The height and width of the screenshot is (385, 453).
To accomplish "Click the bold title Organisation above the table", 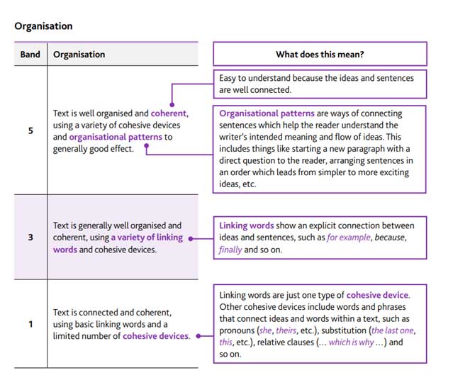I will [x=43, y=26].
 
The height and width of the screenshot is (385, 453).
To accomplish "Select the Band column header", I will [x=30, y=55].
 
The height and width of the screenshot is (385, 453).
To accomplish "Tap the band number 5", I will [x=30, y=131].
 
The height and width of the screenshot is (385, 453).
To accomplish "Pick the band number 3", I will [x=30, y=238].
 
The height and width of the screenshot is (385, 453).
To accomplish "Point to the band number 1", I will [x=30, y=325].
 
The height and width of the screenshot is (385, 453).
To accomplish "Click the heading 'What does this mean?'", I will [x=320, y=54].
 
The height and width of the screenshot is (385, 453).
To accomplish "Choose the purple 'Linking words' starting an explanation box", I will [x=247, y=226].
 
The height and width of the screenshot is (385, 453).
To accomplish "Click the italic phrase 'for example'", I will [x=348, y=238].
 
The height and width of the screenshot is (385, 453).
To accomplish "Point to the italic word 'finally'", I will [x=230, y=250].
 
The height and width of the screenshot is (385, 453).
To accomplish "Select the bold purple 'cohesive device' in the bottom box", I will [x=377, y=295].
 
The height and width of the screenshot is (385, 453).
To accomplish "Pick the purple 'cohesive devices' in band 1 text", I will [x=156, y=336].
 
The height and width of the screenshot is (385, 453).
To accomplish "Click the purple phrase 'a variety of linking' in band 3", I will [x=147, y=238].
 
